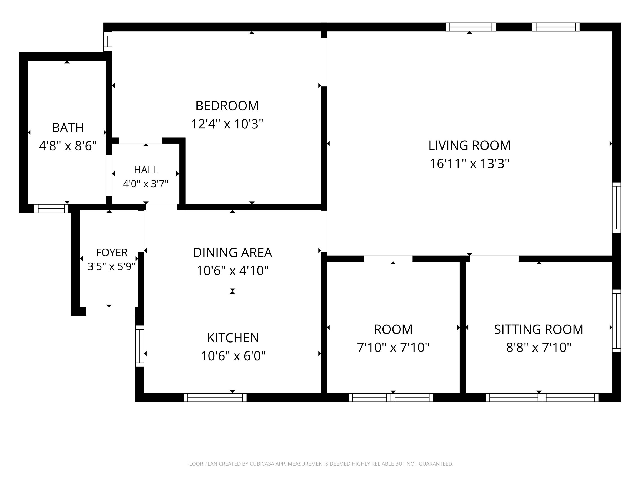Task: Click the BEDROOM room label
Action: click(x=227, y=106)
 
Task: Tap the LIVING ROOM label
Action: click(x=469, y=145)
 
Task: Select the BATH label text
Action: click(x=68, y=128)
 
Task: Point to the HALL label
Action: click(x=146, y=170)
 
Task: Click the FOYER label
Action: click(x=112, y=252)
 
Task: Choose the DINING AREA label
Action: click(x=233, y=252)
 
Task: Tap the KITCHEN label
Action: click(x=233, y=338)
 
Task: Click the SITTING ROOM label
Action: click(x=539, y=329)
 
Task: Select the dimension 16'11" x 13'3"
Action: click(x=469, y=164)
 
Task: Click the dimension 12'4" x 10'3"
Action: click(x=227, y=124)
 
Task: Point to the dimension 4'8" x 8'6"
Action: click(x=68, y=146)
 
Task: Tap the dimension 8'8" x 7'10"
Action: click(x=539, y=347)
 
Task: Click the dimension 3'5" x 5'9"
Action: click(x=112, y=266)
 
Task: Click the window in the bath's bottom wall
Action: click(x=51, y=208)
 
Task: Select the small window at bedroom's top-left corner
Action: click(x=108, y=41)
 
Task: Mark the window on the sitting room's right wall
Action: click(x=617, y=321)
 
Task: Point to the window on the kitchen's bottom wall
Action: click(x=215, y=397)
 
